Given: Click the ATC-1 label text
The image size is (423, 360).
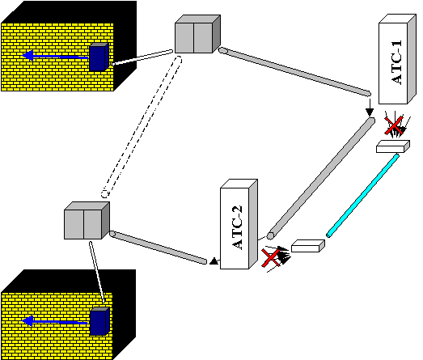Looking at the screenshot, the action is pos(396,62).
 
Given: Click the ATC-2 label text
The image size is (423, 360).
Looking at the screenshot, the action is pos(238,227).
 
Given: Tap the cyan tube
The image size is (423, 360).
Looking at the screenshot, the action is pos(363,196).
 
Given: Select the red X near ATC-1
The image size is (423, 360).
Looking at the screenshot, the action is pos(394,125).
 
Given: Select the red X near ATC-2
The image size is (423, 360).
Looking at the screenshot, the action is pos(271,258).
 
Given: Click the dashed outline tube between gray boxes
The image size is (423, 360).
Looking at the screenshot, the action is pos(142,127).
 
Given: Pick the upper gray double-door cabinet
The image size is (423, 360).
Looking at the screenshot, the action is pos(197,34).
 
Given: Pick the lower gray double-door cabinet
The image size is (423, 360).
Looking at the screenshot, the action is pos(87,221).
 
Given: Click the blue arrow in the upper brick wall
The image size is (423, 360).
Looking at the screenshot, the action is pos(55,56).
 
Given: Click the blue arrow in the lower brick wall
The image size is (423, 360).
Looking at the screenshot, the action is pos(55,321).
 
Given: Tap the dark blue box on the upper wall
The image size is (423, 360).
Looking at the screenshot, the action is pos(99,57).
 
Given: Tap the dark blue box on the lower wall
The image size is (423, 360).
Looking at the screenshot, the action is pos(99,321).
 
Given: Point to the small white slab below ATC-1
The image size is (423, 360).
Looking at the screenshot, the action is pos(393,146).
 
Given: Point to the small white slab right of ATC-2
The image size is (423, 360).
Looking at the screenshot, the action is pos(308,246).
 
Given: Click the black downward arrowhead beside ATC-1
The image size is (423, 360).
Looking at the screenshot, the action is pos(370,112).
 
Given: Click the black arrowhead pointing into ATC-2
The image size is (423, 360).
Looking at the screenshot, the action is pos(214,261).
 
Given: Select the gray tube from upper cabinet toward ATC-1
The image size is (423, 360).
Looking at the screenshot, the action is pos(294,72).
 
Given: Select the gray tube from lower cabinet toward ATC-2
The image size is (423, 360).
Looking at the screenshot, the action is pos(158,248).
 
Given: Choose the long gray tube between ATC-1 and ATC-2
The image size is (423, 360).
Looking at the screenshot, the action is pos(321,178).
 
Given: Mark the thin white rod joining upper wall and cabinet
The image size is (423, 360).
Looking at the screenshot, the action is pos(142,57).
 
